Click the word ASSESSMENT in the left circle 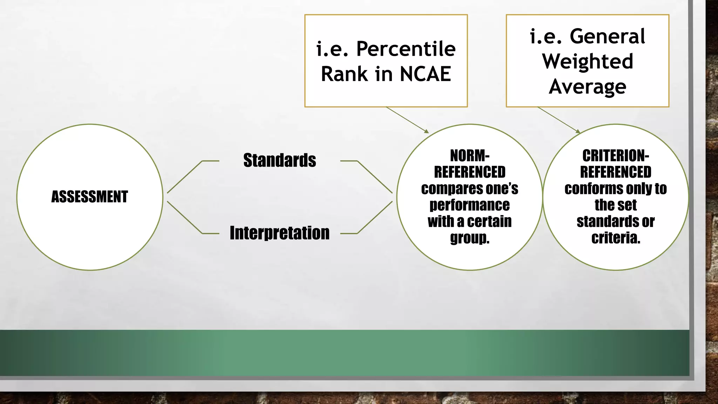[90, 197]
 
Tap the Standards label [279, 160]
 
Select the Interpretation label [279, 233]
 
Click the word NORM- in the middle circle [469, 155]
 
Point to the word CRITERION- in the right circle [615, 155]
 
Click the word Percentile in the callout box [406, 49]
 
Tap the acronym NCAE [425, 74]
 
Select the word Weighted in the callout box [588, 61]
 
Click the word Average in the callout [588, 87]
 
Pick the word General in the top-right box [607, 36]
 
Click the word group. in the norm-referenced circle [469, 238]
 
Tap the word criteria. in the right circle [615, 238]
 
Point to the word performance [469, 205]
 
